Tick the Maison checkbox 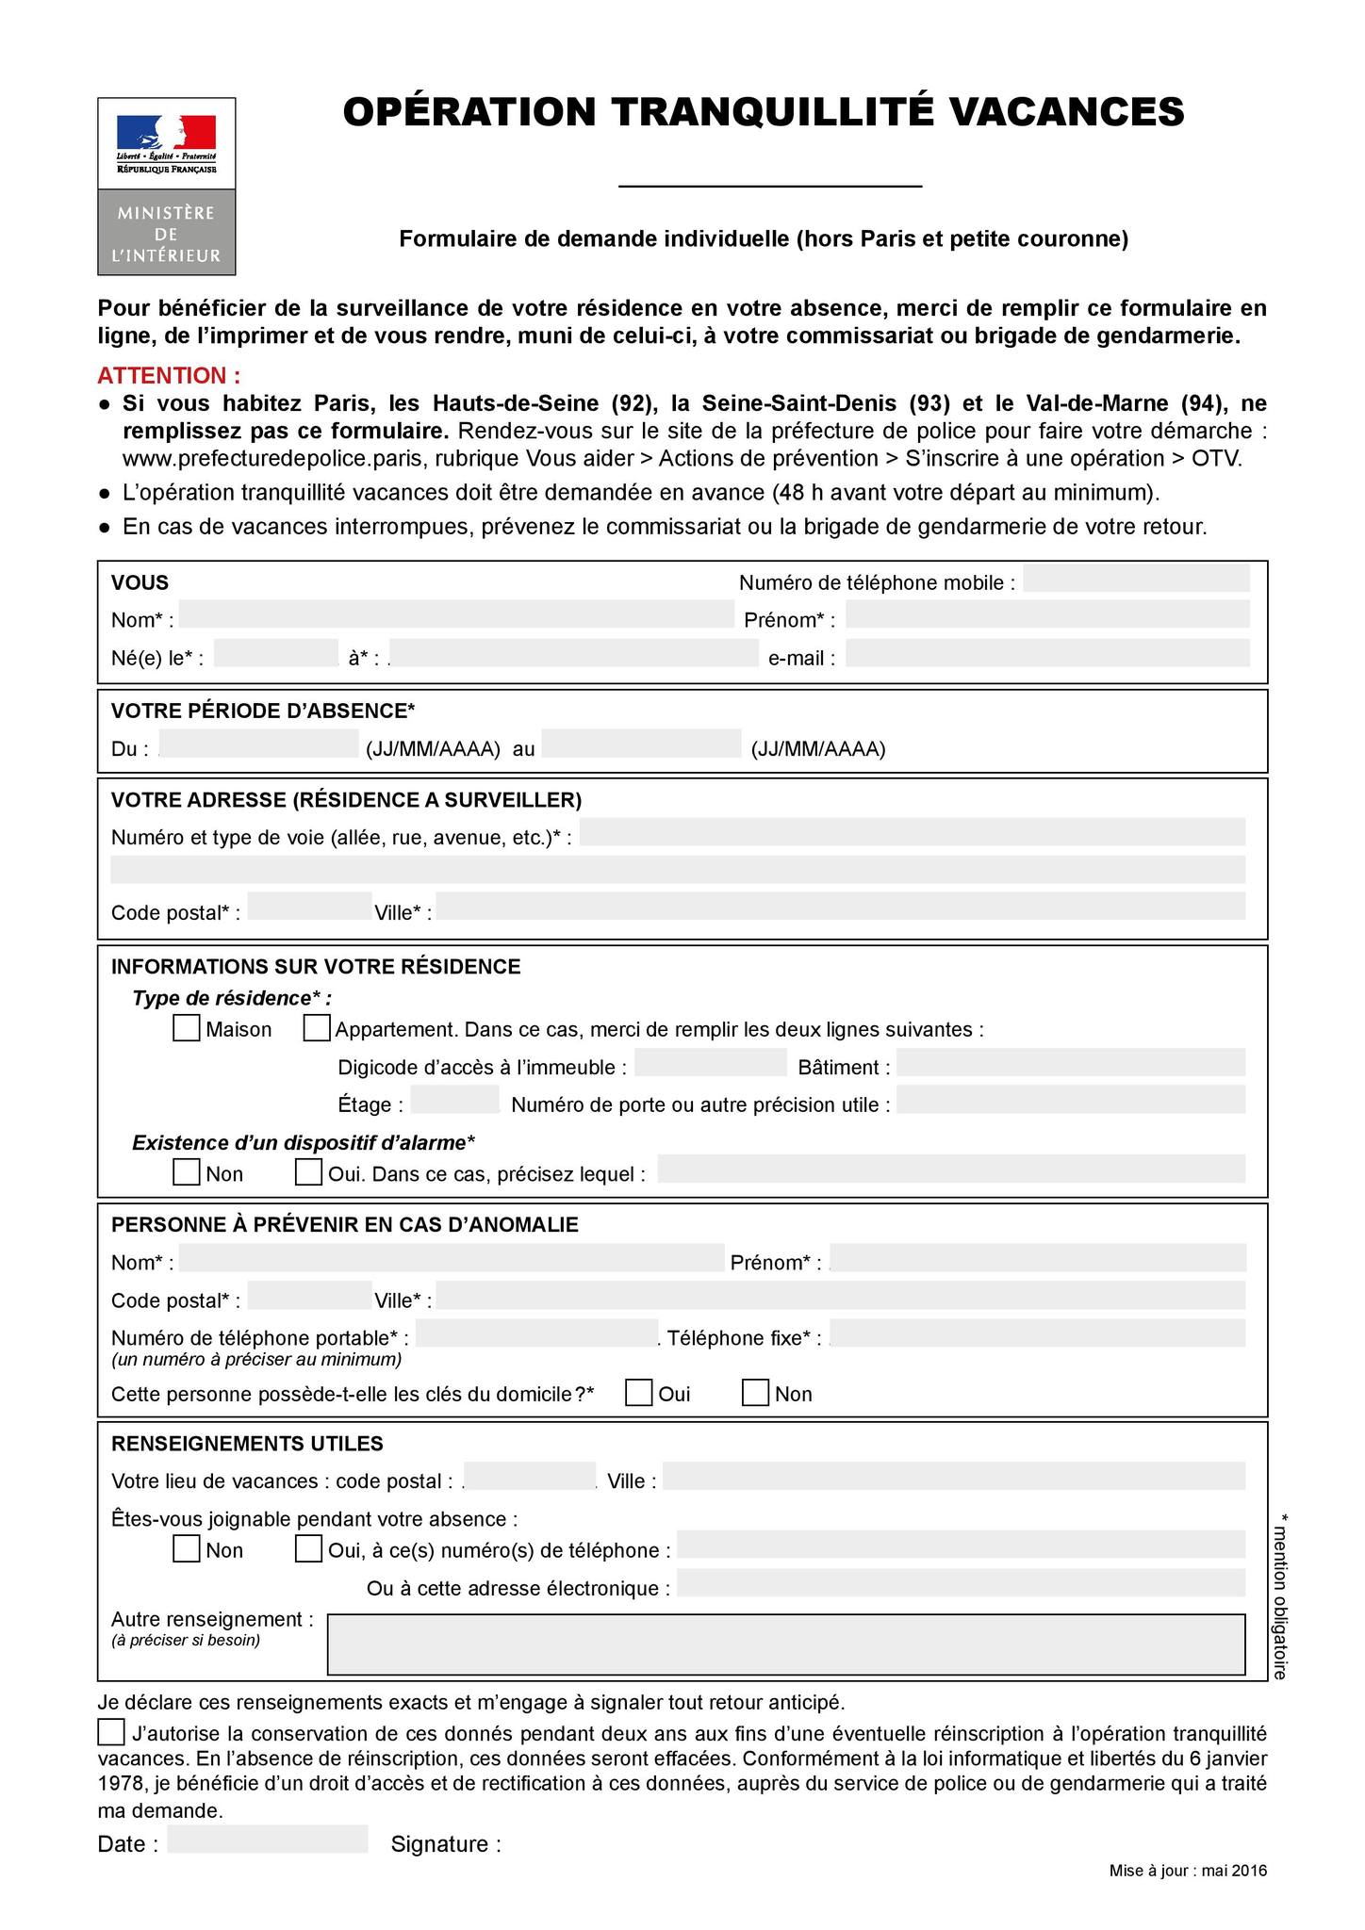click(x=186, y=1027)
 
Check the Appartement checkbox click(x=317, y=1027)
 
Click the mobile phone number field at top click(x=1136, y=579)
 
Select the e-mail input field click(x=1047, y=653)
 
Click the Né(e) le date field click(x=275, y=653)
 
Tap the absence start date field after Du click(x=259, y=744)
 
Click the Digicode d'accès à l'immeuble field click(x=711, y=1063)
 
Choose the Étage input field click(x=454, y=1100)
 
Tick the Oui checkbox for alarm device click(x=308, y=1172)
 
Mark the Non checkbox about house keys click(x=755, y=1392)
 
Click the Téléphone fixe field click(x=1037, y=1333)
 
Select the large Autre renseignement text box click(x=785, y=1644)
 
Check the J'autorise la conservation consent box click(x=110, y=1732)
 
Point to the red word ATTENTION click(x=169, y=376)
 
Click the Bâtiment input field click(x=1070, y=1063)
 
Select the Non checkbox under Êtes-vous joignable click(x=186, y=1548)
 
